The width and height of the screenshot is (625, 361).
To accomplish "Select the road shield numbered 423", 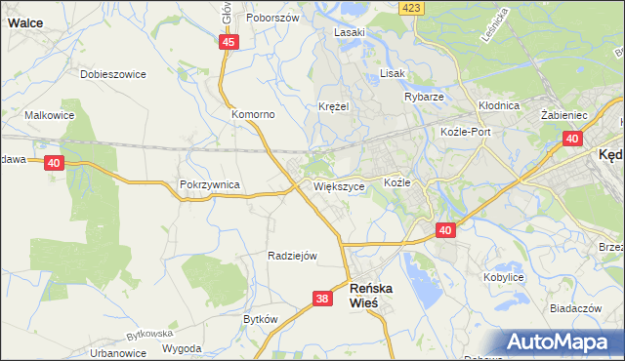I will click(412, 8).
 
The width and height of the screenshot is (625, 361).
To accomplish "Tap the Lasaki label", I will click(349, 32).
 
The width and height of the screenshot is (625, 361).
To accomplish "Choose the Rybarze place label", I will click(424, 98).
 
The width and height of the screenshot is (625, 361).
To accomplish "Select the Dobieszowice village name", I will click(112, 74).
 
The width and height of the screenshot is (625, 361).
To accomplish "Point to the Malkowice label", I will click(50, 115).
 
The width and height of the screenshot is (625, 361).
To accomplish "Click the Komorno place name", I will click(253, 114).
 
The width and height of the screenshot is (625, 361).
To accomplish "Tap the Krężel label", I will click(333, 106).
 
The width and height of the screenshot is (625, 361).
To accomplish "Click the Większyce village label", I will click(340, 185).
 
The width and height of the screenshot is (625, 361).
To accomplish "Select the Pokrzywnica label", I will click(209, 183).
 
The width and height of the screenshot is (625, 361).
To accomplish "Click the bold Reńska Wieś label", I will click(376, 296).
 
